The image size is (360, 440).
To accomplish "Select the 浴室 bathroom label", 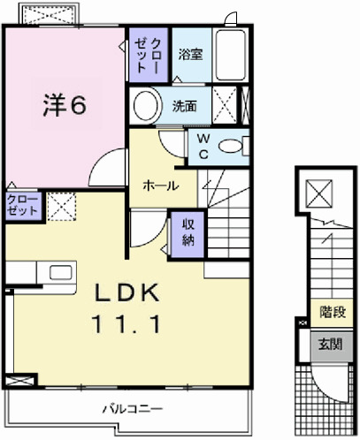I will click(189, 54).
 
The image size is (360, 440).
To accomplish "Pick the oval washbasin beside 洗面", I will click(146, 107).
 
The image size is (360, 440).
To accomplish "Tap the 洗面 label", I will click(184, 107).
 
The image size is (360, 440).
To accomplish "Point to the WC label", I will click(202, 147).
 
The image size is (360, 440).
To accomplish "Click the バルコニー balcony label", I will click(129, 409).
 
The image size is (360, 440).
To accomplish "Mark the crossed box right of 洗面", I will click(227, 107).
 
